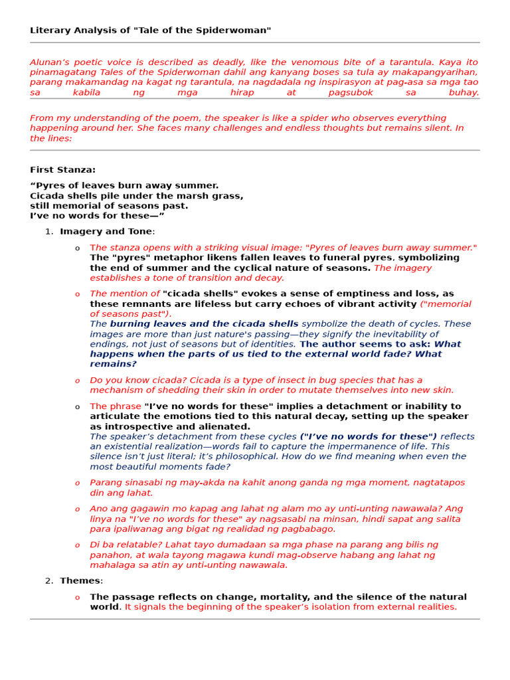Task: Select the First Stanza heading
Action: pyautogui.click(x=62, y=169)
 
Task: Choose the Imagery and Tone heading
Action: pyautogui.click(x=106, y=231)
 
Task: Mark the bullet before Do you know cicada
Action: pyautogui.click(x=77, y=381)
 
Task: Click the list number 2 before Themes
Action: pyautogui.click(x=48, y=580)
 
